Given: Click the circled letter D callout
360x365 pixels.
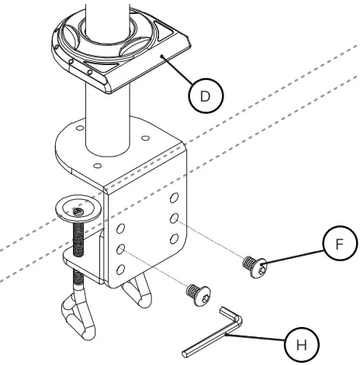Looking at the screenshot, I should pos(204,95).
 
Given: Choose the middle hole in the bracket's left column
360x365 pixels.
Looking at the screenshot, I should pos(122,249).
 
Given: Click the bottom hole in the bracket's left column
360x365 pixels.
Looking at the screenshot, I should pos(122,268).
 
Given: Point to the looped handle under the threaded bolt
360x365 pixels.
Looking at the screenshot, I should pos(78,314).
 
